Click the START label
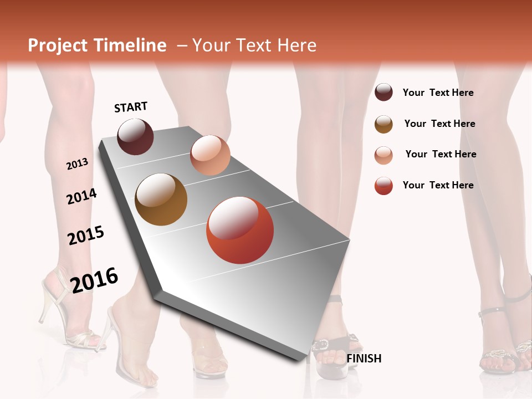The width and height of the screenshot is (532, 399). coord(131,107)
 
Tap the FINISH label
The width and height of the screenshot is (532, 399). coord(364,359)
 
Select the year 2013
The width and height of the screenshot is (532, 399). coord(77,164)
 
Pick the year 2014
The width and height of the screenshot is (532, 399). coord(81,196)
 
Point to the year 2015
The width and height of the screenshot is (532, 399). coord(86,236)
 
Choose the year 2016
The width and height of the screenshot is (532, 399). coord(94,280)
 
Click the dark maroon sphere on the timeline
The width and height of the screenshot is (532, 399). coord(135,136)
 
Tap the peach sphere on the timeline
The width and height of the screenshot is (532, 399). coord(210,155)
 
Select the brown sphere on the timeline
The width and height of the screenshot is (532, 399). coord(161,199)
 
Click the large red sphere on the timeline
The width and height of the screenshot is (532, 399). coord(240,231)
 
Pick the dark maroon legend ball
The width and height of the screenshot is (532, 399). coord(383,92)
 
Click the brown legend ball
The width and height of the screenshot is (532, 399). coord(383,124)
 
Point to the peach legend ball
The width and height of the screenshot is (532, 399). coord(383,155)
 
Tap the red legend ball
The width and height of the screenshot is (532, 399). coord(383,186)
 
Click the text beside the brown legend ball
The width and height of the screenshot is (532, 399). coord(439,124)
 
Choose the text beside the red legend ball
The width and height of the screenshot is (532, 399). coord(438,185)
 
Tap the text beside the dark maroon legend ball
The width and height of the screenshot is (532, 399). coord(438,93)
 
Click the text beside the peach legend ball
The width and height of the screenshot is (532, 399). coord(441,154)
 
